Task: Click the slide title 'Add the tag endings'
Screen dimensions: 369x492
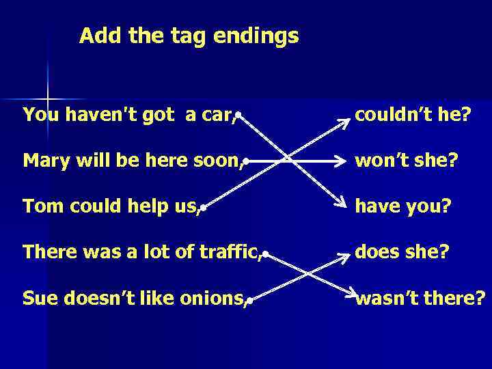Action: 189,36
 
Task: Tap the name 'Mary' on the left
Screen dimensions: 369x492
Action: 42,161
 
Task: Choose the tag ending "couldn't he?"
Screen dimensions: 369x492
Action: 412,115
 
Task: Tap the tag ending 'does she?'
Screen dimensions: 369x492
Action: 402,251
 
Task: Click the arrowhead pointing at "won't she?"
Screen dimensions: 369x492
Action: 344,163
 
